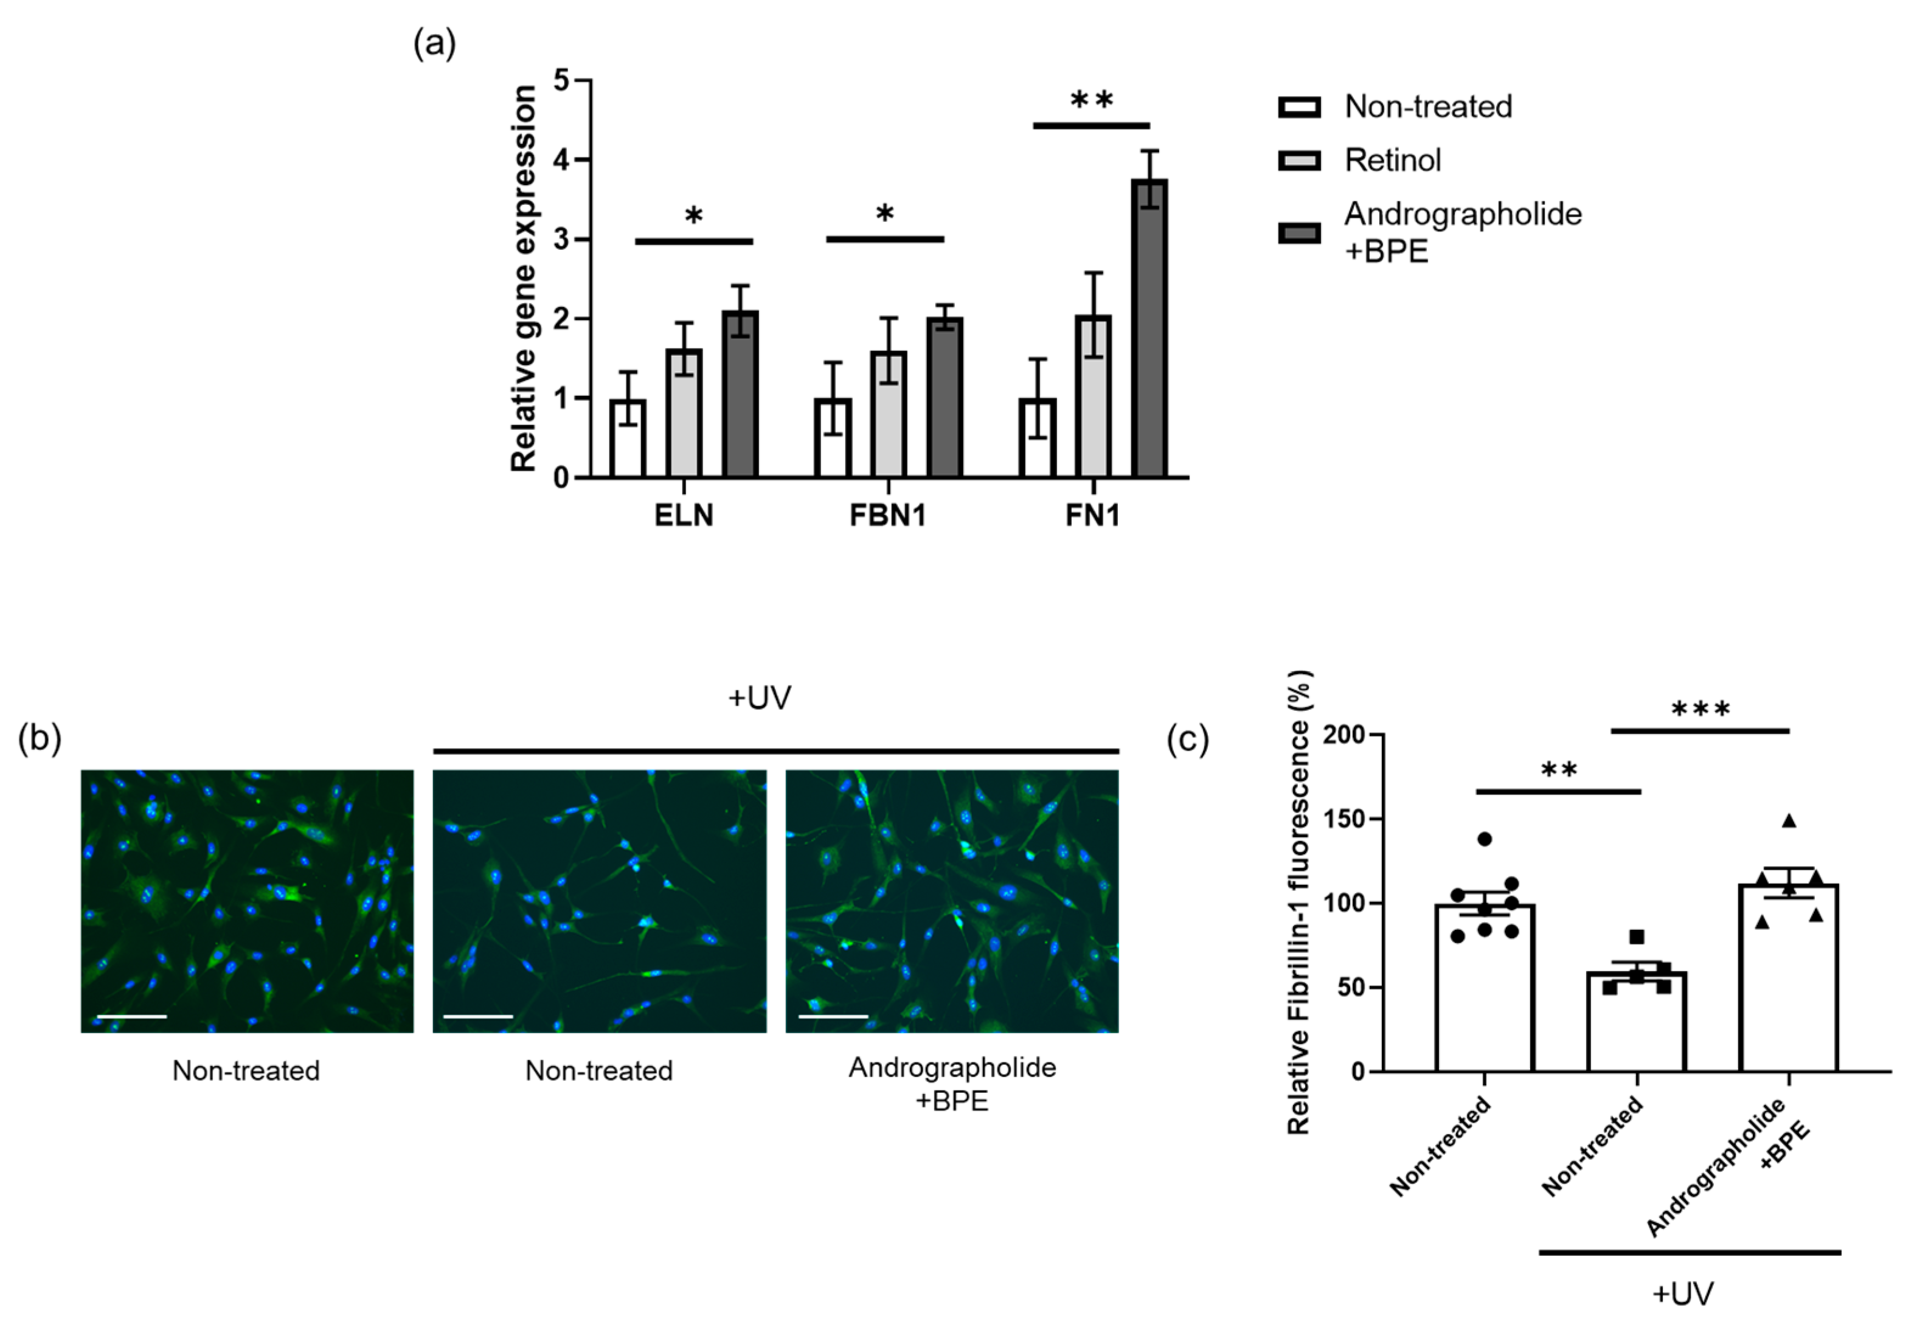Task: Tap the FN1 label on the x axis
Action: pyautogui.click(x=1093, y=516)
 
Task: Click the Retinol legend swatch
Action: pyautogui.click(x=1299, y=161)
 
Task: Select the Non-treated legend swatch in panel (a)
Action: pyautogui.click(x=1299, y=107)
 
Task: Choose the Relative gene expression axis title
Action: pyautogui.click(x=524, y=279)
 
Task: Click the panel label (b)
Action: pyautogui.click(x=39, y=738)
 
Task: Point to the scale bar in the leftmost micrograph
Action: pyautogui.click(x=131, y=1016)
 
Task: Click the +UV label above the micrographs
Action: pyautogui.click(x=759, y=698)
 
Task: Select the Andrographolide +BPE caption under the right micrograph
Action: pyautogui.click(x=952, y=1083)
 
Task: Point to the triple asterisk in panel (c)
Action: pyautogui.click(x=1701, y=709)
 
